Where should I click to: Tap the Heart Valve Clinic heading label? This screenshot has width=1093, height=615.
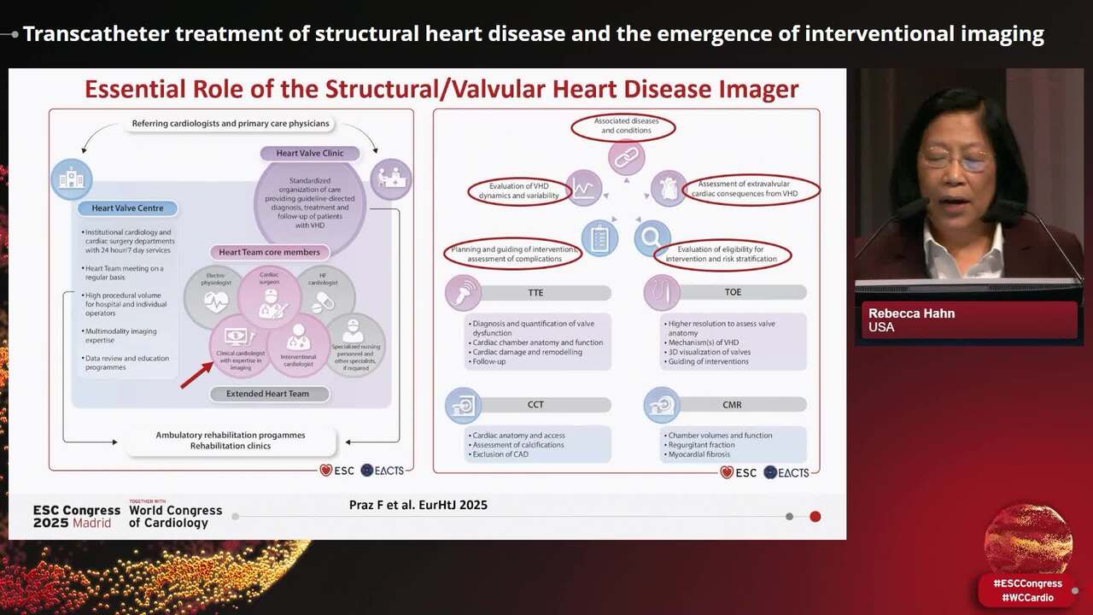310,154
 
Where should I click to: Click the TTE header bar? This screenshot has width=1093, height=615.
535,292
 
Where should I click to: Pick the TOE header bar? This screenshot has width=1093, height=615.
732,292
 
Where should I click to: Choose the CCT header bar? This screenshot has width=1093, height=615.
535,405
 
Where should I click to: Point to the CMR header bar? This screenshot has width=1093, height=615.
732,405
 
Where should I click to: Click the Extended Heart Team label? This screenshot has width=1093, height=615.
267,394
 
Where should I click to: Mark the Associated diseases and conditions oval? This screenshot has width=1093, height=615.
622,126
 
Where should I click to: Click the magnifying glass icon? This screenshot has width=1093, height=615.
652,237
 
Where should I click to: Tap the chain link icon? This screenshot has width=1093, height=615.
626,159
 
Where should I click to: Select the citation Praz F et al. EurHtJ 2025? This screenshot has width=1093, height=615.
418,505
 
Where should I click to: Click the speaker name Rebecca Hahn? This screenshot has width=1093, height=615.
911,313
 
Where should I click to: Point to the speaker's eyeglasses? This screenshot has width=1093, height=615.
957,159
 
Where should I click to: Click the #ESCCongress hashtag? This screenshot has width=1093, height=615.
1027,583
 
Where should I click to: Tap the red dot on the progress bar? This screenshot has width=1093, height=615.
815,516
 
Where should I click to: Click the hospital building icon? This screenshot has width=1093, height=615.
71,179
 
